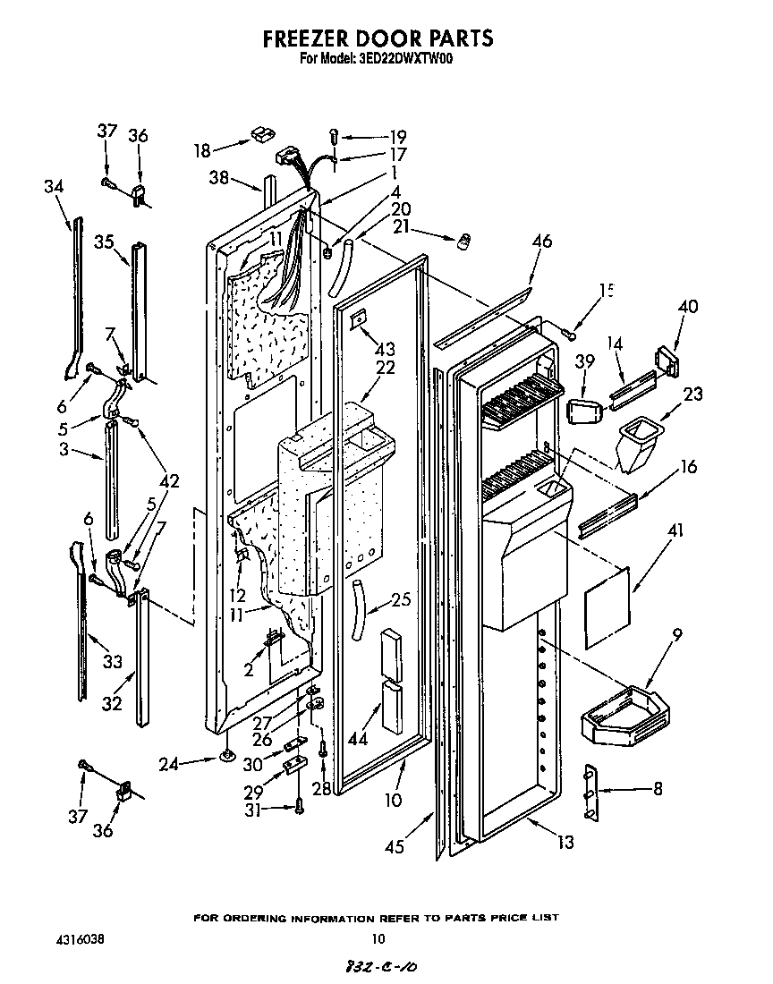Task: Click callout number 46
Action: (541, 241)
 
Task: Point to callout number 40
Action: (687, 307)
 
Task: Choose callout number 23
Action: (692, 394)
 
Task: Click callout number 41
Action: (675, 531)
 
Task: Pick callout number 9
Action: (677, 636)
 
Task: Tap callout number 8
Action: (658, 790)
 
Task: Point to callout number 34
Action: (54, 186)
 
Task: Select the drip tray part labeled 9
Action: (621, 715)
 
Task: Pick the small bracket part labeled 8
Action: (590, 791)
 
